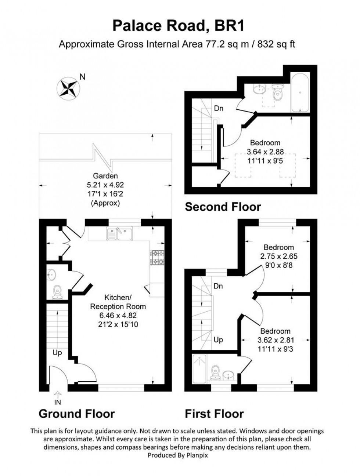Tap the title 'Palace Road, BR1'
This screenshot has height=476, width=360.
(x=179, y=26)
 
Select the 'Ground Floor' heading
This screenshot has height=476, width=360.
(x=76, y=414)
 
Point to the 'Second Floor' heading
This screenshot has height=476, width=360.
(x=223, y=207)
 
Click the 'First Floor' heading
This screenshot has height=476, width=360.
(x=214, y=414)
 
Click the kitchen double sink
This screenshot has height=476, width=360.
(x=119, y=234)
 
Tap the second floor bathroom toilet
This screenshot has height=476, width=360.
(x=278, y=93)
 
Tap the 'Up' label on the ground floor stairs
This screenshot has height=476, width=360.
(x=57, y=353)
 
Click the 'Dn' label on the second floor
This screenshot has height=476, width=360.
(x=219, y=108)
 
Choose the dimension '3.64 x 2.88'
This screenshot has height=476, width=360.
(x=265, y=152)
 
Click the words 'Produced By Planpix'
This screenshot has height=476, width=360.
(x=177, y=455)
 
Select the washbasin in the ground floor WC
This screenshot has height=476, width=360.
(x=51, y=274)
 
